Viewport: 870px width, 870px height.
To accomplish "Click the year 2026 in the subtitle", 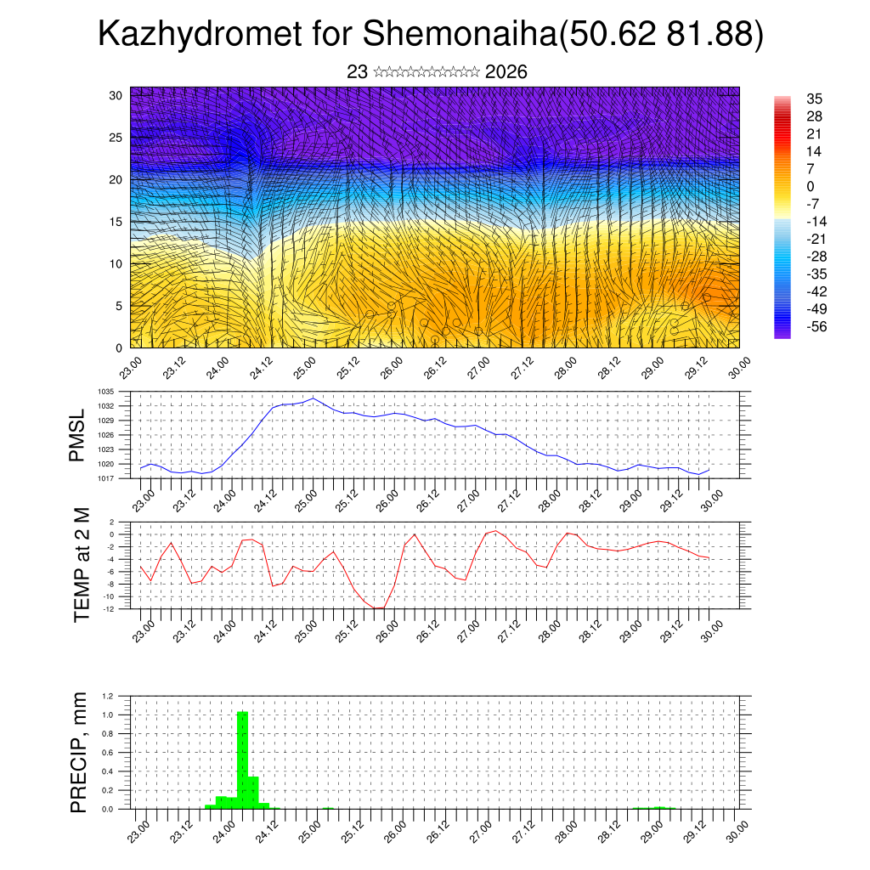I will (x=506, y=72).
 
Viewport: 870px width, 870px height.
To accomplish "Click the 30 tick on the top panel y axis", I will (x=116, y=95).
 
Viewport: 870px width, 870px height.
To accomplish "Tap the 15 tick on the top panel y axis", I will (x=116, y=222).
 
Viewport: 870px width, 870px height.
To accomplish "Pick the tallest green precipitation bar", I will (x=242, y=760).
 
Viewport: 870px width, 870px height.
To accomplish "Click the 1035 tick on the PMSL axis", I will (x=106, y=392).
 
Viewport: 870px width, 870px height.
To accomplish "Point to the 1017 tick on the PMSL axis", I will (x=106, y=478).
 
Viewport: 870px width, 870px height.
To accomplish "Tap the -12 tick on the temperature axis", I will (x=108, y=608).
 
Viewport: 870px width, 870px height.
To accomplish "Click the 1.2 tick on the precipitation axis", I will (x=108, y=696).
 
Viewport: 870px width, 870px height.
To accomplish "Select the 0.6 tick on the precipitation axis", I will (x=108, y=753).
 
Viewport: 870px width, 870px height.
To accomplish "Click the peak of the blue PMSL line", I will (x=313, y=398).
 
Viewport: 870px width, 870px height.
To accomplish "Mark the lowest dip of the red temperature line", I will (x=379, y=608).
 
